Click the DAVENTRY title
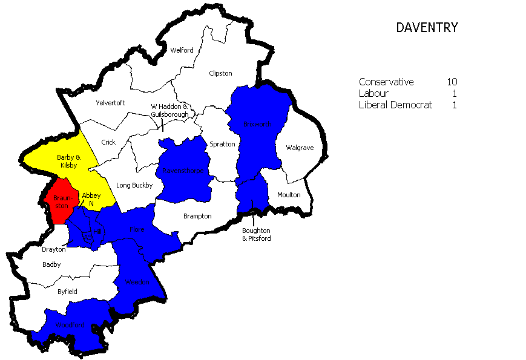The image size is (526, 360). [x=427, y=28]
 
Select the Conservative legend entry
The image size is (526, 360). [x=386, y=82]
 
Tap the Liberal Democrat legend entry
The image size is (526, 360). [x=395, y=105]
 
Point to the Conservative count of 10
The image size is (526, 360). [x=452, y=82]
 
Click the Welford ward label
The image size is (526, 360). [x=182, y=50]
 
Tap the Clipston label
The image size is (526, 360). [x=220, y=73]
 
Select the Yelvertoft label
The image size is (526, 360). [x=110, y=103]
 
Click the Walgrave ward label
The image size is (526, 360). [x=300, y=148]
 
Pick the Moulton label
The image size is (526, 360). [x=289, y=195]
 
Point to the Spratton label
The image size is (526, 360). [x=222, y=144]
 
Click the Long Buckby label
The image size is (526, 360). [x=134, y=185]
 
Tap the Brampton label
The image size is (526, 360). [x=197, y=216]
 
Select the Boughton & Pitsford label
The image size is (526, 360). [x=257, y=234]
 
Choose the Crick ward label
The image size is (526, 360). [x=108, y=143]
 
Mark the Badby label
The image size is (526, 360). [x=52, y=264]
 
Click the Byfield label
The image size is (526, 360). [x=67, y=292]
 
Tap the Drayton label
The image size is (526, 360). [x=53, y=249]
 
